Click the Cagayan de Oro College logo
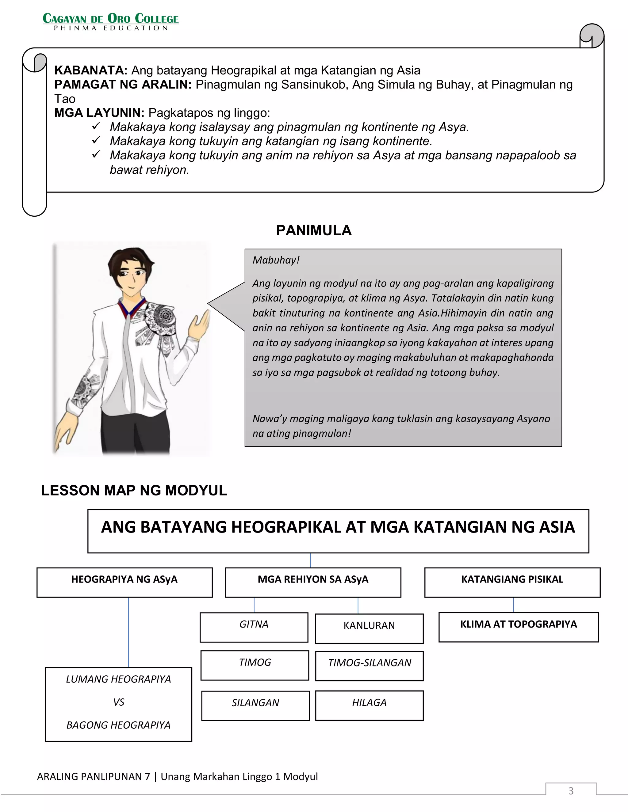(x=110, y=21)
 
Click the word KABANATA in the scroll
(x=91, y=70)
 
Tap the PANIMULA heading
(x=314, y=230)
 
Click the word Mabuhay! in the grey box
(x=276, y=260)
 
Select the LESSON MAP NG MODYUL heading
(x=134, y=490)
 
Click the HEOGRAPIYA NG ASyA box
(x=124, y=582)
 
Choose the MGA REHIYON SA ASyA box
(x=313, y=582)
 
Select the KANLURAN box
(x=369, y=628)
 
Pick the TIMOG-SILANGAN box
(x=369, y=666)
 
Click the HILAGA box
(x=369, y=705)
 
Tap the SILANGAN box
(x=255, y=705)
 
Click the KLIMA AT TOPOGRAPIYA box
(x=518, y=627)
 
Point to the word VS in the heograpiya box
(x=118, y=702)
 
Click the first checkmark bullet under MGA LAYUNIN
(x=96, y=127)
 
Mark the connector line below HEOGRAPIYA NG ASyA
(x=129, y=632)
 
